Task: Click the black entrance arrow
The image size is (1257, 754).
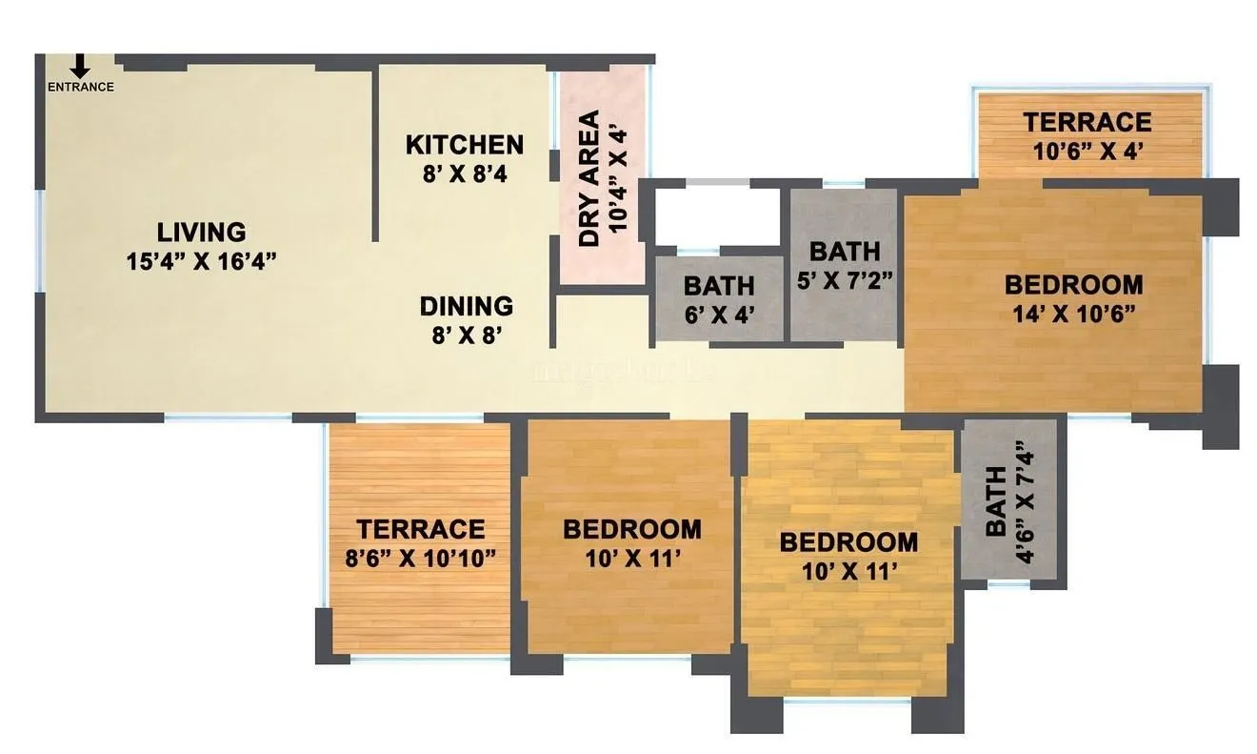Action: point(81,66)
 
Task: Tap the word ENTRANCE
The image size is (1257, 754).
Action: point(81,87)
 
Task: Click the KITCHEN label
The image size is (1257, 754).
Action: point(464,145)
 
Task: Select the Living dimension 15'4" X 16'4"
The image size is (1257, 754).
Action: point(201,261)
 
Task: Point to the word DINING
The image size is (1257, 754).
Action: point(466,306)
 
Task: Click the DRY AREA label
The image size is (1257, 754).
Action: point(590,179)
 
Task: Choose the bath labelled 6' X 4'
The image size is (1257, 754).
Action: point(719,299)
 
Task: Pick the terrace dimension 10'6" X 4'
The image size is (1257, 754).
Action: point(1087,150)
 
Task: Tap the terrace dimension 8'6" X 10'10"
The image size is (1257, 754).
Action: point(420,558)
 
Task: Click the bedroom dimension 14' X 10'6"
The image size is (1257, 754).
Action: point(1073,314)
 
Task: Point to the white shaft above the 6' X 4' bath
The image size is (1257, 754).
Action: point(715,215)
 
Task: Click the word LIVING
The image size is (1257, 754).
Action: point(201,232)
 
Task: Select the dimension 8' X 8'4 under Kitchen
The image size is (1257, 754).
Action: point(464,173)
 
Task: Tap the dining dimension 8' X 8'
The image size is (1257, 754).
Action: point(466,335)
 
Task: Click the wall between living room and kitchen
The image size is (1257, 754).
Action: point(376,153)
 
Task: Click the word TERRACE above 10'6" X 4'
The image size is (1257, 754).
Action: point(1087,122)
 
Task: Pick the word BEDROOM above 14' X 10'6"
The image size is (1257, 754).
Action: point(1073,285)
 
